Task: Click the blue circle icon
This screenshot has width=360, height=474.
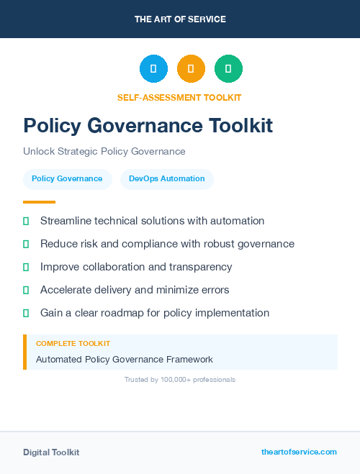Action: point(153,69)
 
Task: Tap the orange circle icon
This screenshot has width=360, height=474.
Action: point(191,69)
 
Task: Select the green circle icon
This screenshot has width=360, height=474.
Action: point(228,69)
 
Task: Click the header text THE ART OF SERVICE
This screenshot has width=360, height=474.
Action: point(180,19)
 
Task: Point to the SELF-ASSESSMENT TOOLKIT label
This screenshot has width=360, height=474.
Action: point(179,97)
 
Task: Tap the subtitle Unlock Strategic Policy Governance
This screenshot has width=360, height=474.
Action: point(104,152)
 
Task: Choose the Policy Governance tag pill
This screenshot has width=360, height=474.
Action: point(67,179)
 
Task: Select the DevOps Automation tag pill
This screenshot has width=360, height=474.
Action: point(167,179)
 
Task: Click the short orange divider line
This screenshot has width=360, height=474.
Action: point(39,202)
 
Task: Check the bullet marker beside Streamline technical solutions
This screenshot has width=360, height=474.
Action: point(26,222)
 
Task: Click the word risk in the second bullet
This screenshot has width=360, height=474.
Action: point(91,244)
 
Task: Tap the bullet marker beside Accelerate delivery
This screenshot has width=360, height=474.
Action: point(26,291)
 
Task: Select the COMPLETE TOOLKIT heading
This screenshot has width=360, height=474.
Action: point(73,345)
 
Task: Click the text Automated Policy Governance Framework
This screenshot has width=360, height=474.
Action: point(125,360)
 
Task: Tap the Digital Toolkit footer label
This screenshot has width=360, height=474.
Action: point(51,452)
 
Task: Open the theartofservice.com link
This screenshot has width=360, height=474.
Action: point(299,452)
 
